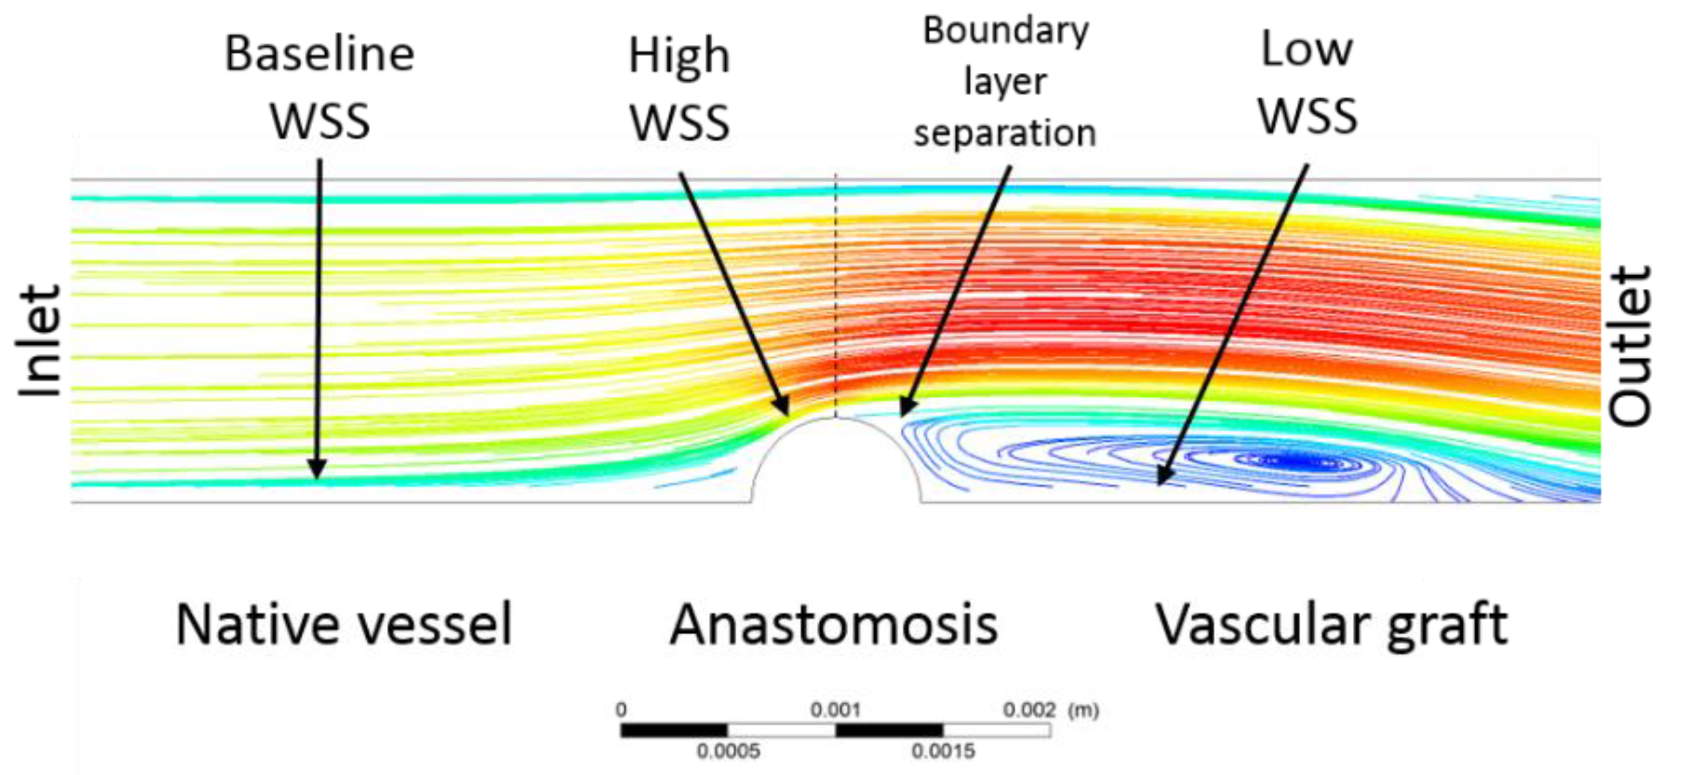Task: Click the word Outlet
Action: pos(1630,346)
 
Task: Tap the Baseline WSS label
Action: pos(320,87)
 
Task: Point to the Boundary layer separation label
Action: pos(1005,81)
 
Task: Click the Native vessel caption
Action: pos(343,624)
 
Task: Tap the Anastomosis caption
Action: pos(834,624)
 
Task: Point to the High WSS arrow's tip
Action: pos(787,412)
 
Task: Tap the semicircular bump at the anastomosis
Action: pos(836,464)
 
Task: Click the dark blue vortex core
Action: pos(1297,463)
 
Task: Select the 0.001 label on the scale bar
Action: pos(835,710)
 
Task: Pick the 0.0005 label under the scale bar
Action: pos(728,752)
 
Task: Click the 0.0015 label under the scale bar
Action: pos(943,752)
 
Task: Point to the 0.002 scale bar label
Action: pos(1029,710)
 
